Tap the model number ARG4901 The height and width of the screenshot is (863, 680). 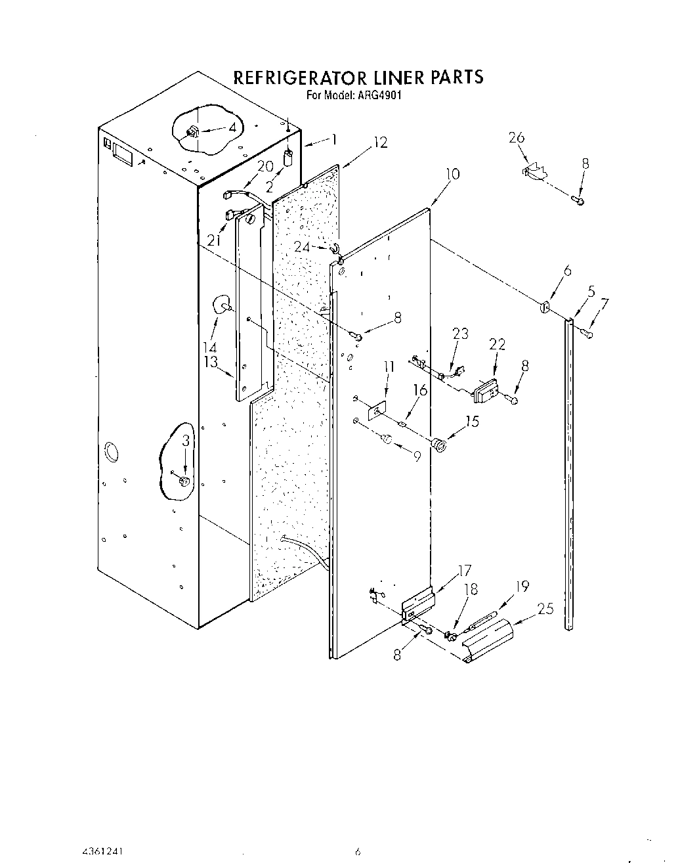(x=379, y=95)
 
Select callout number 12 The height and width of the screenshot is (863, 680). (x=380, y=143)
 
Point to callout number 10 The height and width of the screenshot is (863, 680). (x=452, y=174)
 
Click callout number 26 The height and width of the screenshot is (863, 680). (x=517, y=137)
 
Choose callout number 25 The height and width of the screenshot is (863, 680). (x=545, y=609)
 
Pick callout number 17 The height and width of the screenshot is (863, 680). (x=463, y=570)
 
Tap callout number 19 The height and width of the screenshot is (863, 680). (x=523, y=586)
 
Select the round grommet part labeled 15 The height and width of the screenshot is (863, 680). (x=440, y=444)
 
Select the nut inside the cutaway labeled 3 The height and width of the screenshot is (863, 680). (x=184, y=481)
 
